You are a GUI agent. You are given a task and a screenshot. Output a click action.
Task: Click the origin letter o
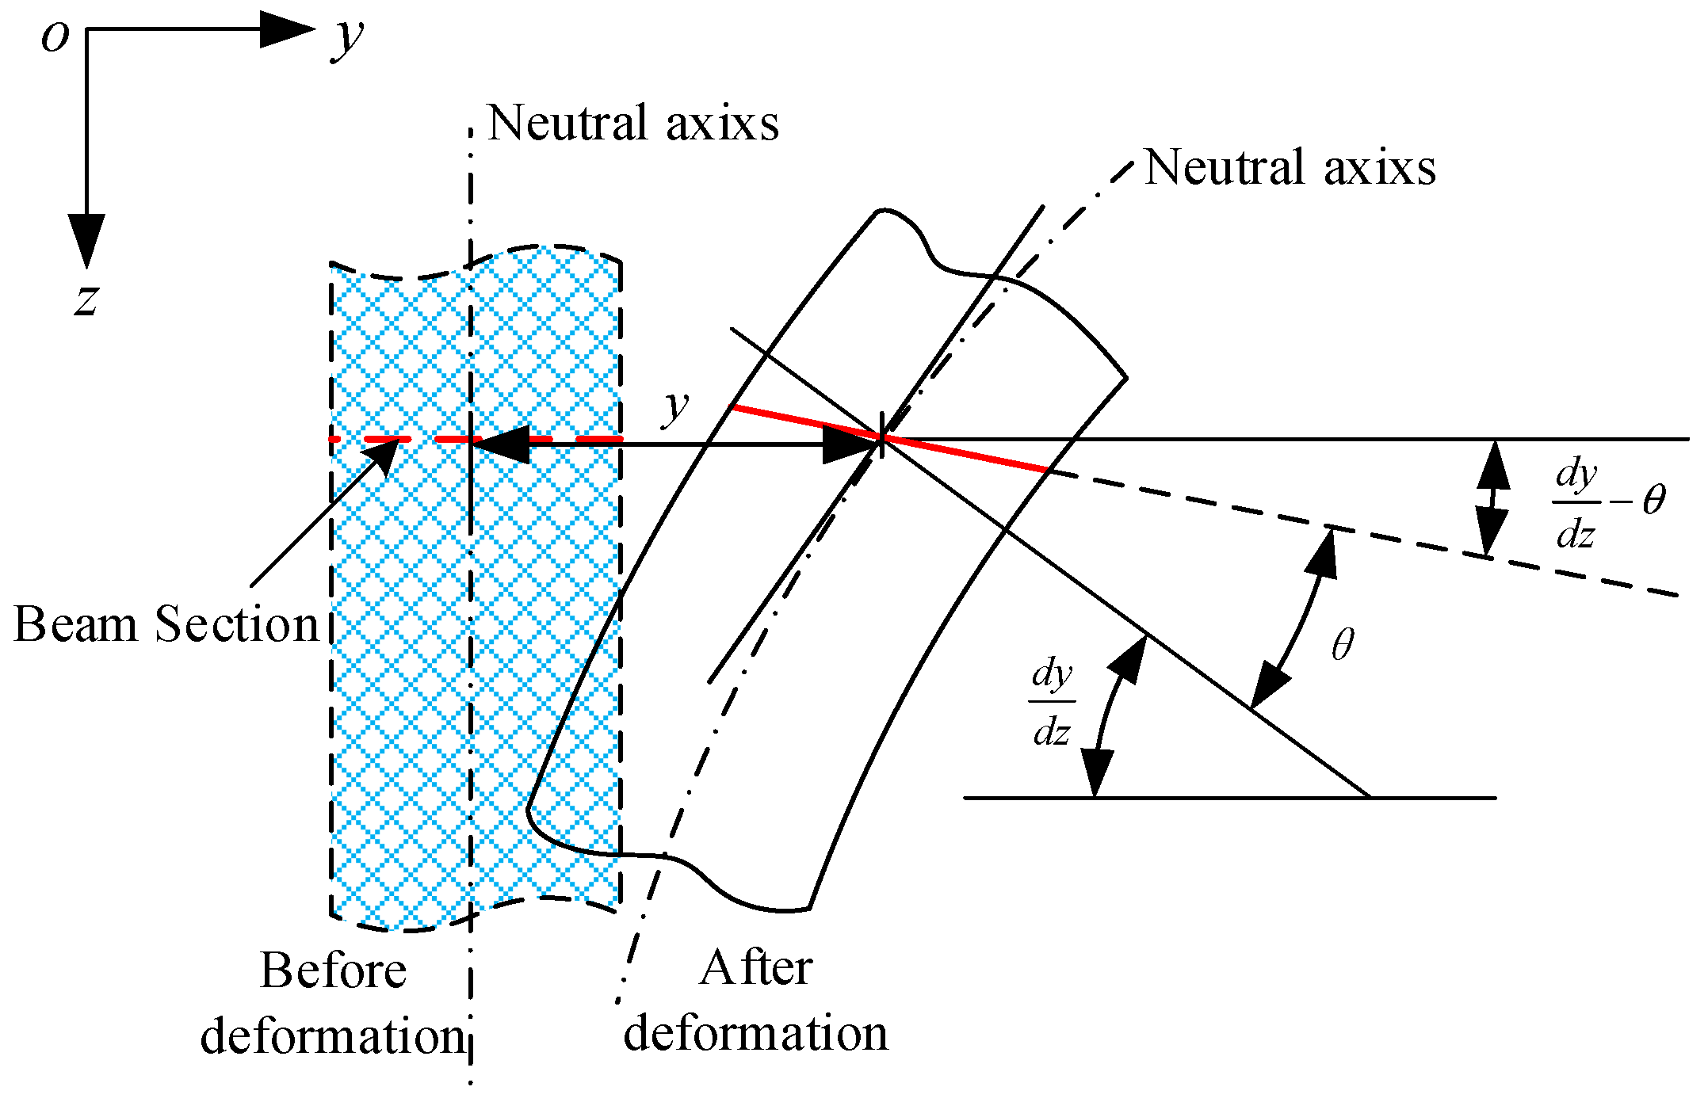[x=55, y=36]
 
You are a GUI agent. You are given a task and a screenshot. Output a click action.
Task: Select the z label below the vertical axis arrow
[x=86, y=300]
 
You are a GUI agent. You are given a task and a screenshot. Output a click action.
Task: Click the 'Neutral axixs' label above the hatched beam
[x=632, y=124]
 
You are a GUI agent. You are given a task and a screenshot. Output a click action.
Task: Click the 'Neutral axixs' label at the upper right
[x=1290, y=168]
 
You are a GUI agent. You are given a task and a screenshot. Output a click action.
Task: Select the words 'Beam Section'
[x=166, y=624]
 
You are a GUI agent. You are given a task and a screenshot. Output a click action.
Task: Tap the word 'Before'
[x=333, y=970]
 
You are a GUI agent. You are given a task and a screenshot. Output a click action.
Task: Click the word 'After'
[x=755, y=968]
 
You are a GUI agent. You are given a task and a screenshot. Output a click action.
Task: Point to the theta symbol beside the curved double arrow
[x=1343, y=645]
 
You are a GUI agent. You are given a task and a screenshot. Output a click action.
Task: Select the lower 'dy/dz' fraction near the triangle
[x=1052, y=703]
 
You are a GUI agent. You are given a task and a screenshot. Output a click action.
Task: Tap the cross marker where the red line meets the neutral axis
[x=881, y=437]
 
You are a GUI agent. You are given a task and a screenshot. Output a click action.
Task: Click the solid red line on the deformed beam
[x=888, y=438]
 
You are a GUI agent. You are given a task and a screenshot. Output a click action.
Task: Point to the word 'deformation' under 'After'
[x=755, y=1034]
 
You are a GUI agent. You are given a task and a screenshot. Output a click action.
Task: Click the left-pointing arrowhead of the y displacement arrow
[x=499, y=444]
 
